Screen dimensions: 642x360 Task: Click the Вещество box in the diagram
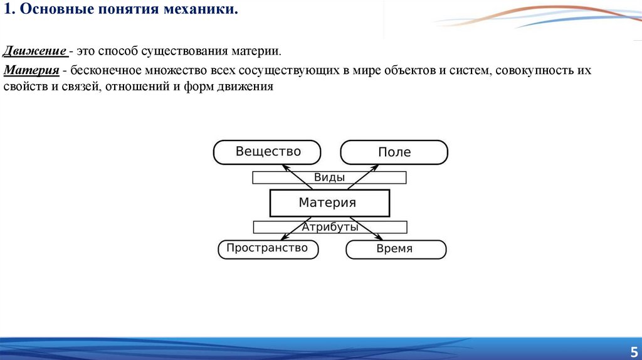pyautogui.click(x=267, y=152)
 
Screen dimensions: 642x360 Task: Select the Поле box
pyautogui.click(x=394, y=152)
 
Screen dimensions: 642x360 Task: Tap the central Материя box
pyautogui.click(x=329, y=203)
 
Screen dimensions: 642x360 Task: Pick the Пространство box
pyautogui.click(x=268, y=248)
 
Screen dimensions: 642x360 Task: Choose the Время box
pyautogui.click(x=396, y=249)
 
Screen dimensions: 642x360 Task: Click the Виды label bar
pyautogui.click(x=329, y=177)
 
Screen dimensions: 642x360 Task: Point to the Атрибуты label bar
pyautogui.click(x=330, y=227)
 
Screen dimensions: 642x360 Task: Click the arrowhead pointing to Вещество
pyautogui.click(x=284, y=166)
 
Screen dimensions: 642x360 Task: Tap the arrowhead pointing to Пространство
pyautogui.click(x=283, y=238)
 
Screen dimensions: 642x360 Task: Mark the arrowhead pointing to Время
pyautogui.click(x=379, y=238)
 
